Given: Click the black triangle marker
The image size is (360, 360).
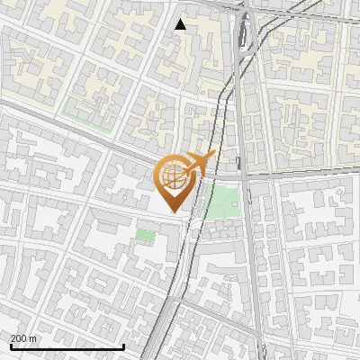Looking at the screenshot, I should click(x=181, y=24).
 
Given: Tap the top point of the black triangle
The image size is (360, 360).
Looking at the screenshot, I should click(x=181, y=19).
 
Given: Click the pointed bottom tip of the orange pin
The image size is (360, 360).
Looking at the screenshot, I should click(x=172, y=212).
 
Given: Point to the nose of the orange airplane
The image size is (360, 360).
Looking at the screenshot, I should click(x=214, y=155).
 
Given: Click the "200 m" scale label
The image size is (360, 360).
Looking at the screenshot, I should click(x=24, y=337).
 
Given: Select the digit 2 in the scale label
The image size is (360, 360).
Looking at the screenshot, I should click(x=13, y=337).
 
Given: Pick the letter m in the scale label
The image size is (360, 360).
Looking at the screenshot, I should click(x=34, y=337).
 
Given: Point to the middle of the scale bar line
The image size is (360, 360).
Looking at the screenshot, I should click(x=67, y=346).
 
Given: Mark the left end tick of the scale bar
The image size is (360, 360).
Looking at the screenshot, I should click(x=11, y=345).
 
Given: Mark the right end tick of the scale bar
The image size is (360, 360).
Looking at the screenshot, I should click(x=124, y=345).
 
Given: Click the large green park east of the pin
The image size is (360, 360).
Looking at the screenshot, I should click(x=222, y=201).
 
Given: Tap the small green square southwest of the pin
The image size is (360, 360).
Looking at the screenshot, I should click(x=145, y=235).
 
